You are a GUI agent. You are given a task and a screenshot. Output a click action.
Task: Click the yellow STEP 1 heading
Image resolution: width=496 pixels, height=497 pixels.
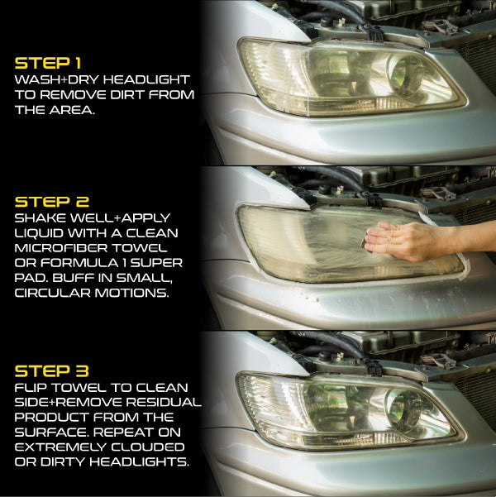pyautogui.click(x=48, y=63)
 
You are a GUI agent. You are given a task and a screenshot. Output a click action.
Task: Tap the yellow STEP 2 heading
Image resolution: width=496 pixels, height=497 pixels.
pyautogui.click(x=52, y=202)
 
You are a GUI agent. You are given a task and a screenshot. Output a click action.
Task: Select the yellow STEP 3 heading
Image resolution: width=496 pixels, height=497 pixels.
pyautogui.click(x=51, y=370)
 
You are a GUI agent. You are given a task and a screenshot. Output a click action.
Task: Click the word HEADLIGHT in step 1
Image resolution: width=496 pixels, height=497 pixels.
pyautogui.click(x=146, y=80)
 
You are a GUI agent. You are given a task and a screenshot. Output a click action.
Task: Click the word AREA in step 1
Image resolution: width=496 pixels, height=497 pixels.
pyautogui.click(x=72, y=110)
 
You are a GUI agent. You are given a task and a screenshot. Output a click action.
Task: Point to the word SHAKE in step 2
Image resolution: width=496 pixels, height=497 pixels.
pyautogui.click(x=41, y=218)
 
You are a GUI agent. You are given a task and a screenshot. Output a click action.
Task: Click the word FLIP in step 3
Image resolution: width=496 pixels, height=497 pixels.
pyautogui.click(x=31, y=388)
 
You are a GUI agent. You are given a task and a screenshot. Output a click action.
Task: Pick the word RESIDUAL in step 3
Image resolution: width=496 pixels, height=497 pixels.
pyautogui.click(x=164, y=402)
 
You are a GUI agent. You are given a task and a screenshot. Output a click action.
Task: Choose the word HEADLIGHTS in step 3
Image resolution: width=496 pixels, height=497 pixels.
pyautogui.click(x=139, y=461)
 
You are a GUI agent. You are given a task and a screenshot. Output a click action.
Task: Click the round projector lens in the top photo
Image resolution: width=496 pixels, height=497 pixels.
pyautogui.click(x=407, y=75)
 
